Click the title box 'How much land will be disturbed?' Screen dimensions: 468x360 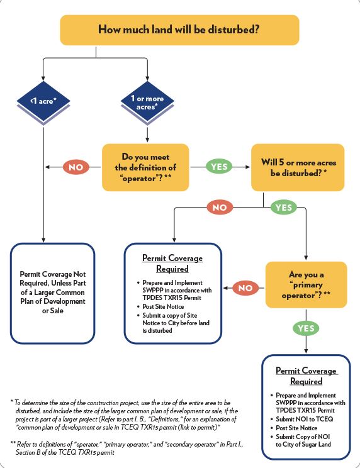pyautogui.click(x=179, y=30)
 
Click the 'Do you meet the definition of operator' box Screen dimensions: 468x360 pyautogui.click(x=146, y=167)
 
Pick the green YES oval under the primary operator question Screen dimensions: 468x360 pyautogui.click(x=305, y=328)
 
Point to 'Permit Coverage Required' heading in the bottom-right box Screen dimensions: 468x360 pyautogui.click(x=306, y=376)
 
